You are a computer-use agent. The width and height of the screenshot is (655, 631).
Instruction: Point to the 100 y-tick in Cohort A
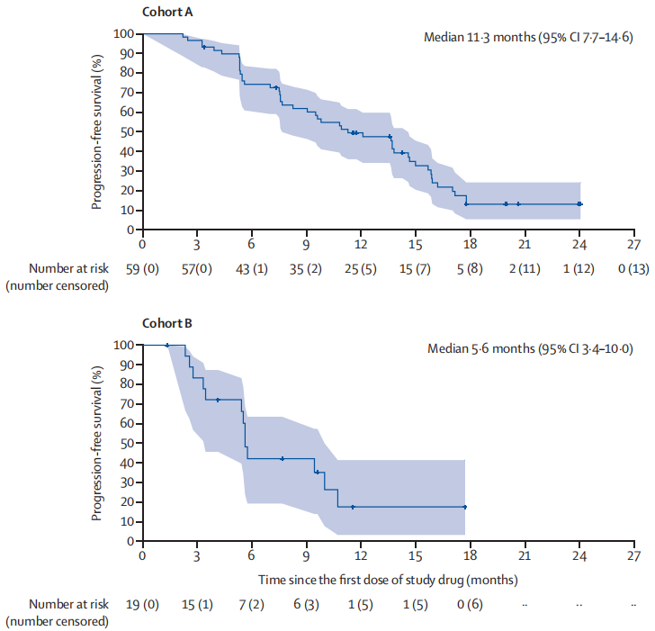click(x=124, y=33)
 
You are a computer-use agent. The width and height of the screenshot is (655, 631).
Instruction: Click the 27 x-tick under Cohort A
click(x=633, y=244)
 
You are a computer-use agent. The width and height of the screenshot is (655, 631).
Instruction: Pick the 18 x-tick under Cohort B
click(x=470, y=555)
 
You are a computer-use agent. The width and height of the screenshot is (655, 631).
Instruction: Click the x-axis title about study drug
click(x=388, y=578)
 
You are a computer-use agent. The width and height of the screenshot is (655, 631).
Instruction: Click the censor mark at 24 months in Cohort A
click(x=579, y=204)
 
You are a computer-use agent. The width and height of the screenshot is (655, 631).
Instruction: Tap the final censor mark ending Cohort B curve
click(x=465, y=507)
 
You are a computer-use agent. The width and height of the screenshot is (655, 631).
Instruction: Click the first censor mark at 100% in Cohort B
click(x=167, y=345)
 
